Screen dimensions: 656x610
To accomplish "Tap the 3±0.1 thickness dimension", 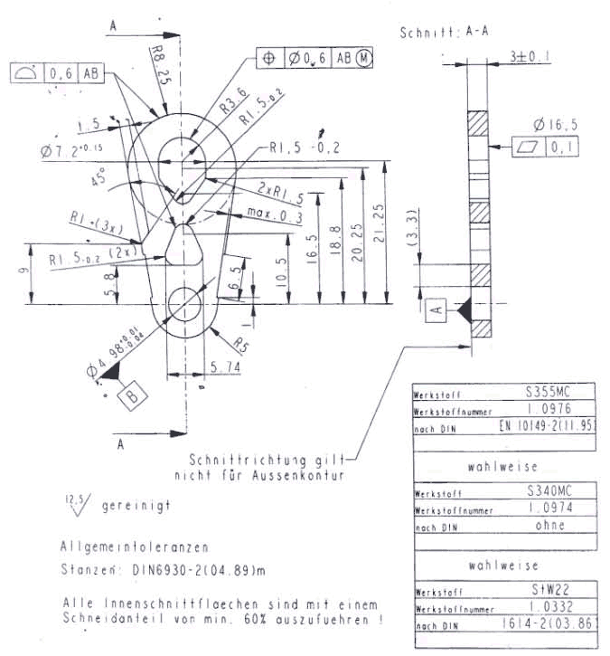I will [x=530, y=56].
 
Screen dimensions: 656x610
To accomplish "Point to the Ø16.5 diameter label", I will [x=547, y=124].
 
